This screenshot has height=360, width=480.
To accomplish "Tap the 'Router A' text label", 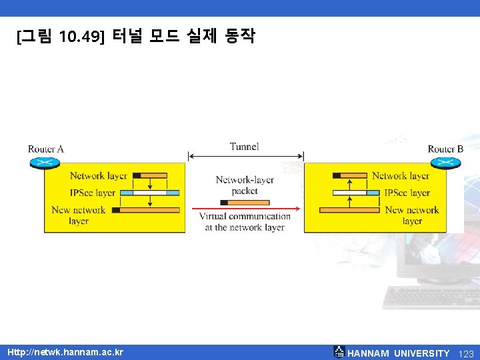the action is point(46,149).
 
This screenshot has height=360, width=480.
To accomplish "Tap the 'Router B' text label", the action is point(445,149).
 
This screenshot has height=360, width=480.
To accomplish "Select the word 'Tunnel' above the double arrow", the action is point(244,147).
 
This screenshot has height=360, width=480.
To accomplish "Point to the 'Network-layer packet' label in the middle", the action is point(245,185).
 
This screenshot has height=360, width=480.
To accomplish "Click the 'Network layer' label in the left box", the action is point(99,176).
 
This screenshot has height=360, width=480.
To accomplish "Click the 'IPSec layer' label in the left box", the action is point(93,193).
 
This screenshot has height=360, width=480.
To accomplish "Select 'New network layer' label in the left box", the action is point(79,215).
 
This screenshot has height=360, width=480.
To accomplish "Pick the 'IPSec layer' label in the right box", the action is point(407,193).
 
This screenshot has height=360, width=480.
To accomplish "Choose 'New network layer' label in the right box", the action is point(412,215).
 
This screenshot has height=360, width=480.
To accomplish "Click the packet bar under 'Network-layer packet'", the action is point(245,202).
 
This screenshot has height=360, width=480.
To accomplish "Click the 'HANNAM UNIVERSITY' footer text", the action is point(399,353).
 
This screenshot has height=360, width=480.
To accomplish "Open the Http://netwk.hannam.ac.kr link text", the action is point(65,352).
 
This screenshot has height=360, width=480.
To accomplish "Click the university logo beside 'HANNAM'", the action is point(339,352).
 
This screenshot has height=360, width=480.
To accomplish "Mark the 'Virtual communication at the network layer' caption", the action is point(245,221).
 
